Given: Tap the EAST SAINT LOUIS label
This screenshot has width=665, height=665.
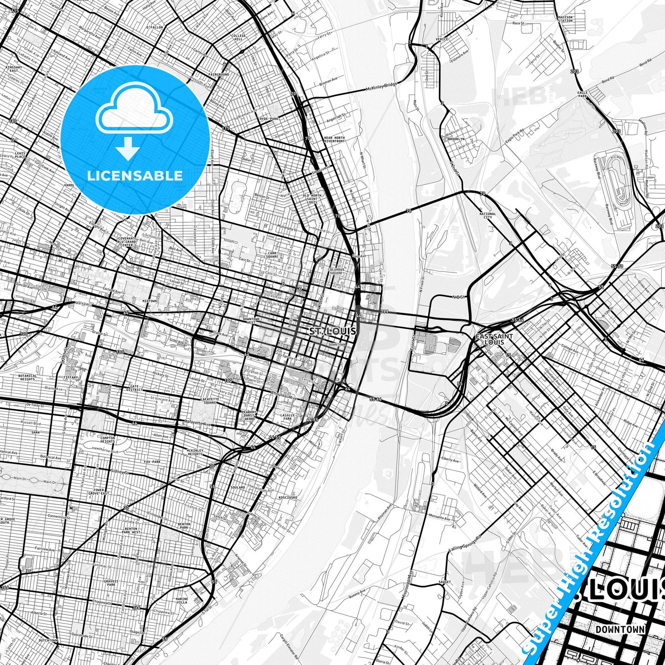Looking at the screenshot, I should [x=494, y=339].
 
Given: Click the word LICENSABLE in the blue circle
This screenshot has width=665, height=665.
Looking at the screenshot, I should [x=135, y=175].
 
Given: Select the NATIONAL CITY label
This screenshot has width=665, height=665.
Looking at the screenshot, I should [x=487, y=215].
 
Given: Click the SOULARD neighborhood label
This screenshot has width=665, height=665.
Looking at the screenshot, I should [x=237, y=487].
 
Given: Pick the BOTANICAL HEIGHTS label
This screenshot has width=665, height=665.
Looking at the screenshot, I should [x=27, y=377].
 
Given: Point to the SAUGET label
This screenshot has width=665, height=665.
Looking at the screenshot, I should [x=445, y=582].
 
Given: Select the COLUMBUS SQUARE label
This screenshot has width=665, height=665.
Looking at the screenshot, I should [x=336, y=271].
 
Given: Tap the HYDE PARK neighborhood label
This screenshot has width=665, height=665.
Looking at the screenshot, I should [x=269, y=119].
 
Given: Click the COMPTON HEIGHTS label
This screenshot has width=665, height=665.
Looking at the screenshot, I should [x=107, y=439].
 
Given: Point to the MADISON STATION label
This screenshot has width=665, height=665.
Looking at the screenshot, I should [x=565, y=19].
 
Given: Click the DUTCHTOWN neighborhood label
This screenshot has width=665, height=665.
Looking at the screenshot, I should [x=48, y=641].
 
